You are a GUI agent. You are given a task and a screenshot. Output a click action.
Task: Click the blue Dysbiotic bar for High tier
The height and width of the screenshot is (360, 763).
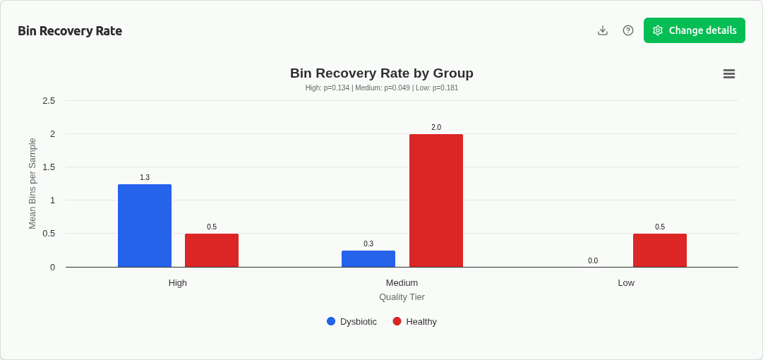tap(145, 225)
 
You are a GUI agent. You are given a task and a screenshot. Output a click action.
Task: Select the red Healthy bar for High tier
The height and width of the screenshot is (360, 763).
tap(212, 250)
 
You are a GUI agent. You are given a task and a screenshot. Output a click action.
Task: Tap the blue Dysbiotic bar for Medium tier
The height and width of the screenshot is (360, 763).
tap(368, 258)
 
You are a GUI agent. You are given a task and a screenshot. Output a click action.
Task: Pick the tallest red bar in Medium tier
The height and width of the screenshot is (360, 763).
tap(436, 200)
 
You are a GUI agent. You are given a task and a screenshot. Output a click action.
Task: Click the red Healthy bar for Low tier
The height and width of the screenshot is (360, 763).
tap(660, 250)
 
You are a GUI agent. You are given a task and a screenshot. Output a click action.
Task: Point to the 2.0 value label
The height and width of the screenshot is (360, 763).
tap(436, 128)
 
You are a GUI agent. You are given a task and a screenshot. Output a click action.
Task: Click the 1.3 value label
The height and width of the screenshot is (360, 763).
tap(145, 178)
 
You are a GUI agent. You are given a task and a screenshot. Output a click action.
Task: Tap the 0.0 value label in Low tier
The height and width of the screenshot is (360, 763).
tap(593, 261)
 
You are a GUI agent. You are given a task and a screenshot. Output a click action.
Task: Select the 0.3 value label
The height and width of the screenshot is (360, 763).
tap(368, 244)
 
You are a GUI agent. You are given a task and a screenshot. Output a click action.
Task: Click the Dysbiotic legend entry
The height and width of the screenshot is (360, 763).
tap(352, 322)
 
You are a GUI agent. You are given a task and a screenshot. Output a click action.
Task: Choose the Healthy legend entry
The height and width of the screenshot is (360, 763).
tap(415, 322)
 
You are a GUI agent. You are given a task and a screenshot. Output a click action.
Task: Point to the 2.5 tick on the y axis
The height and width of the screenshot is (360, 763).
tap(49, 101)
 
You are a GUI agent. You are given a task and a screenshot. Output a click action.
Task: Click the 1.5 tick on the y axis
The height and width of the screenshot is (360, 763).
tap(49, 167)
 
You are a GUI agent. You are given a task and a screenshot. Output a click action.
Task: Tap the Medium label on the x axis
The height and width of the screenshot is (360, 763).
tap(402, 283)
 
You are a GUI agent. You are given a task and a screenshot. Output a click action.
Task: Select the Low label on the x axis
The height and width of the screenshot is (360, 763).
tap(626, 283)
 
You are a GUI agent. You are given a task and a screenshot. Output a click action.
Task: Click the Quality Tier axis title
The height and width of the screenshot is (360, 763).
tap(402, 297)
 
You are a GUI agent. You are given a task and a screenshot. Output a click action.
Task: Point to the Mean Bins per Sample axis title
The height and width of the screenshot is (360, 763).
tap(32, 184)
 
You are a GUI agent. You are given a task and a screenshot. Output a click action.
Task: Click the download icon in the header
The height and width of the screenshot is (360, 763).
tap(603, 30)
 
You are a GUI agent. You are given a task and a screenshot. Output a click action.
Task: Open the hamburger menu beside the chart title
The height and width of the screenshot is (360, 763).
tap(729, 73)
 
